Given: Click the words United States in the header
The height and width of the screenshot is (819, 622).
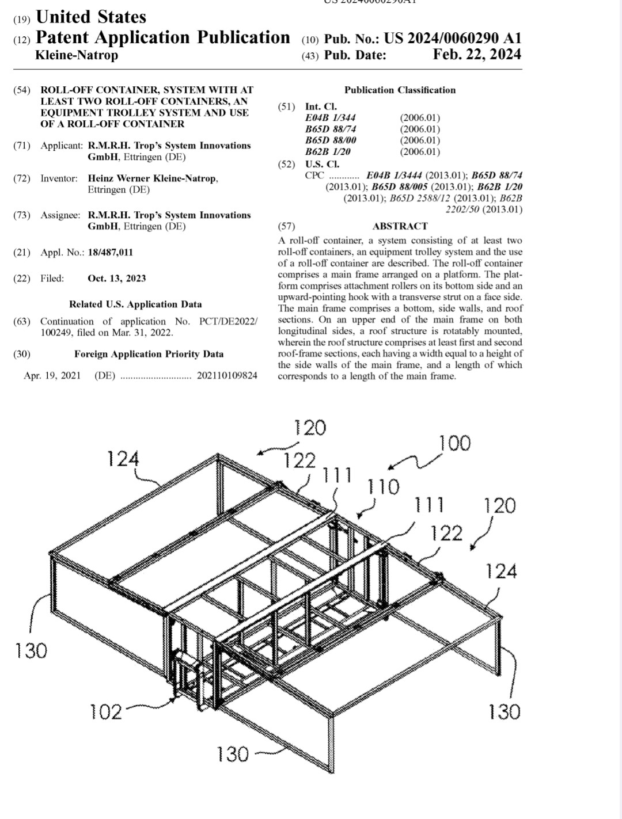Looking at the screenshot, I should [91, 17].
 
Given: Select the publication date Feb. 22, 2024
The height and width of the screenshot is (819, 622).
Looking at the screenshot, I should [477, 55].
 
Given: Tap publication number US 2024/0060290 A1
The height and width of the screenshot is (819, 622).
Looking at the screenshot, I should [452, 39].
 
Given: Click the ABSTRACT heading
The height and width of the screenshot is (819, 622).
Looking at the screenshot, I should [400, 226].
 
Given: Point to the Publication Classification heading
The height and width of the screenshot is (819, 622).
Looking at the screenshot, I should [400, 90].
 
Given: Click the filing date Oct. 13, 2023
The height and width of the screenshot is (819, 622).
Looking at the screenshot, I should [116, 279].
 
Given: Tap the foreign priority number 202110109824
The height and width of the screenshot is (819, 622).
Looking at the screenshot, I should [227, 376].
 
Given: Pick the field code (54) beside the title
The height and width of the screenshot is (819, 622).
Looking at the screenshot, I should [22, 90].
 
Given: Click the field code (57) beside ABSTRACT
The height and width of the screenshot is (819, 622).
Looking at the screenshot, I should [286, 226].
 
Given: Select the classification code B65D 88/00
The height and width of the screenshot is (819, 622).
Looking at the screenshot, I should [331, 140].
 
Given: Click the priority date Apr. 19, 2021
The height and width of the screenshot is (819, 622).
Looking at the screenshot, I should [52, 376].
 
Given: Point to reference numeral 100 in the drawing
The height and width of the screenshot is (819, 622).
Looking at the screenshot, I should [454, 444].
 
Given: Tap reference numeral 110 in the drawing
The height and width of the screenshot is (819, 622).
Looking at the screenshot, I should [383, 487].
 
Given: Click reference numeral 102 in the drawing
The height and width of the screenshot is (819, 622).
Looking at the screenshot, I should [106, 712].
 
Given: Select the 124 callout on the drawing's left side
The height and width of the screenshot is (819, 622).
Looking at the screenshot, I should [123, 459].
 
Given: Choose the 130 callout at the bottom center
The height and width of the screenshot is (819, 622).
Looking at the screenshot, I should [232, 754].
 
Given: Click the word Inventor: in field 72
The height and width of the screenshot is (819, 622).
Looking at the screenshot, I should [59, 178].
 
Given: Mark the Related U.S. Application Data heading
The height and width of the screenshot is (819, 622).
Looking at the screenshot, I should [135, 304].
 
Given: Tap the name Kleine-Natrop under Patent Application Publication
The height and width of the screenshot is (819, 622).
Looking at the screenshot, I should [77, 55].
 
